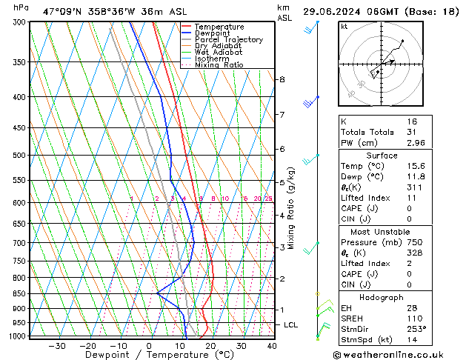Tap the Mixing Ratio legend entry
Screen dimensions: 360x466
click(219, 65)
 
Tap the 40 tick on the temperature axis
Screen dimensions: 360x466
click(272, 346)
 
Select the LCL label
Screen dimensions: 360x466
click(291, 324)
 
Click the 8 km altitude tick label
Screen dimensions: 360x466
click(282, 79)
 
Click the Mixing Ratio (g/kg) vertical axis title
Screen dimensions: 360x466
click(292, 207)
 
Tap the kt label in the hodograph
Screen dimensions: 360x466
click(344, 26)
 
